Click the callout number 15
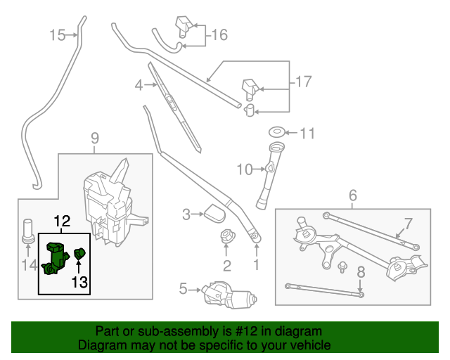click(58, 34)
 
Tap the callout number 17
click(302, 82)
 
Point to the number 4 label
click(139, 86)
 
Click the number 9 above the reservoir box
click(96, 138)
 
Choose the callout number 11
click(309, 133)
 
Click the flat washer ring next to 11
click(277, 131)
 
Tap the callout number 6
click(353, 195)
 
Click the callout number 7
click(406, 224)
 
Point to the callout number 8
click(361, 272)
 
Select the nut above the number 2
click(226, 236)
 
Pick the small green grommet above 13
click(79, 252)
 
